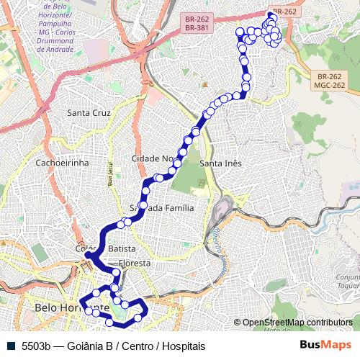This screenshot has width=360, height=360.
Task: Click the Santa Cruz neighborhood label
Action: (x=89, y=113)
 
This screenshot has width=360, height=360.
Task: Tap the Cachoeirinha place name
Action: (x=61, y=163)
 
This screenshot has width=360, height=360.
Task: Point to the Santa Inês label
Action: (x=220, y=163)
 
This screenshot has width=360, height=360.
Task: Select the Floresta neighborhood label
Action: (x=135, y=264)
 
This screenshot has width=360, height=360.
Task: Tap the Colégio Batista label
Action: (x=105, y=248)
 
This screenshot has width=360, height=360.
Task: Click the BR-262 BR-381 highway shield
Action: (x=197, y=23)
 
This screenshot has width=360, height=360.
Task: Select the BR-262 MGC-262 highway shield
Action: (x=330, y=81)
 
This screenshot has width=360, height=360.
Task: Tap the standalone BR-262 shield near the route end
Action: (x=284, y=12)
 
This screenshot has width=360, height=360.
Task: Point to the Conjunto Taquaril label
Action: (x=347, y=281)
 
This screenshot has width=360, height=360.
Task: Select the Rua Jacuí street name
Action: (x=111, y=175)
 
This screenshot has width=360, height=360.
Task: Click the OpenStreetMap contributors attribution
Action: (x=297, y=323)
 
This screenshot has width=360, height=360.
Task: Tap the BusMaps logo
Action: (x=326, y=345)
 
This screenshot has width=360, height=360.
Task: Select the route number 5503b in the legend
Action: (x=36, y=346)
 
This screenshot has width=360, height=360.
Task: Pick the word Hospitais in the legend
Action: (x=184, y=346)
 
